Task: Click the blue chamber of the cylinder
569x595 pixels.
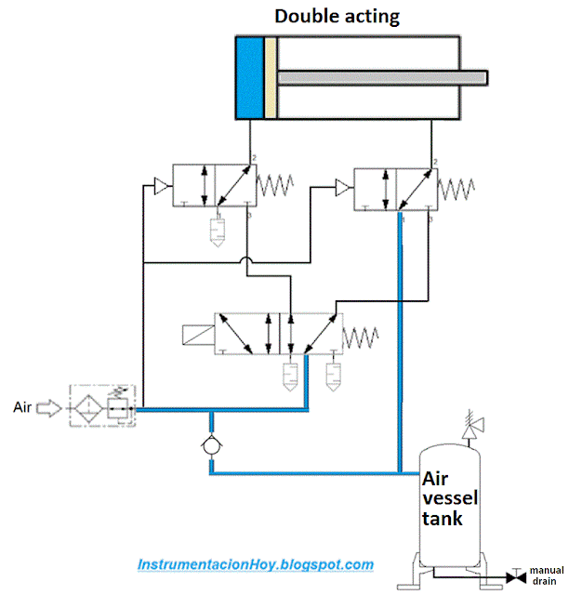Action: click(x=249, y=78)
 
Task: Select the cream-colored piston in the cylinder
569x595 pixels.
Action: click(x=270, y=78)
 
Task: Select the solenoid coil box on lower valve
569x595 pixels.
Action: click(x=196, y=334)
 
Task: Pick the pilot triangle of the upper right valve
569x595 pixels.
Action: click(x=342, y=189)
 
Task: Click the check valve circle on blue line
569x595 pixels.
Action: click(x=212, y=447)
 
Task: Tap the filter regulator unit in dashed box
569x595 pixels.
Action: click(x=102, y=407)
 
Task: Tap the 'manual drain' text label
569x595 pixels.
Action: click(x=546, y=575)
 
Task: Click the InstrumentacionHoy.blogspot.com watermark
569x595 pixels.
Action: click(x=256, y=564)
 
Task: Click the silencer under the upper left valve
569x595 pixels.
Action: click(x=217, y=231)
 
